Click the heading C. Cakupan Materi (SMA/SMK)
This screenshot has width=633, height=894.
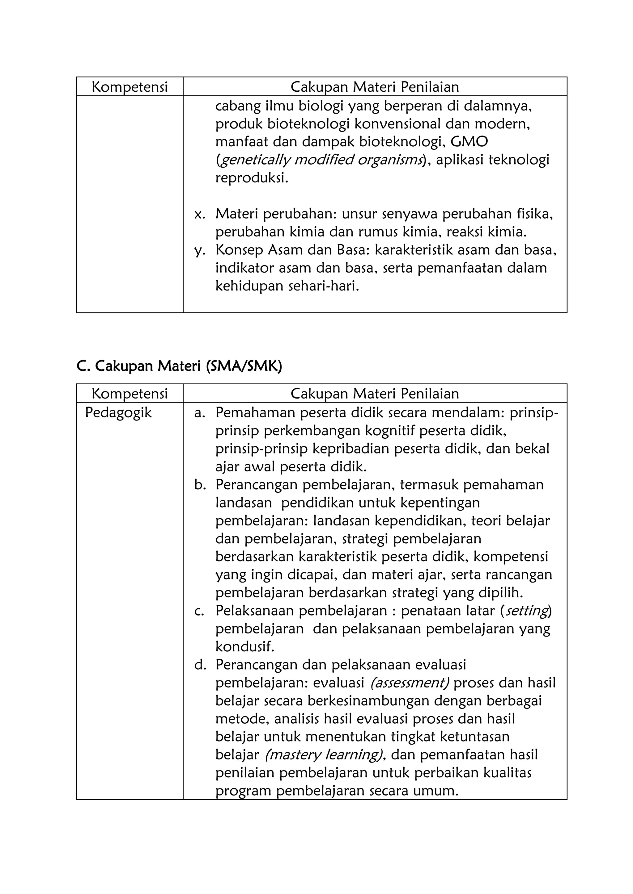[x=179, y=366]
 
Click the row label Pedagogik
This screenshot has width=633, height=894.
[x=118, y=413]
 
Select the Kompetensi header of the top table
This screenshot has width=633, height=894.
[x=130, y=87]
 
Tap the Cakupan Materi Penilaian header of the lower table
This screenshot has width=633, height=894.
[x=375, y=394]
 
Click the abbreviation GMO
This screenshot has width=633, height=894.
[x=469, y=142]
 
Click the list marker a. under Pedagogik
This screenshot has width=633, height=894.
[x=200, y=413]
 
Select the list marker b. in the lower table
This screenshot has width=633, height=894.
[x=200, y=485]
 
